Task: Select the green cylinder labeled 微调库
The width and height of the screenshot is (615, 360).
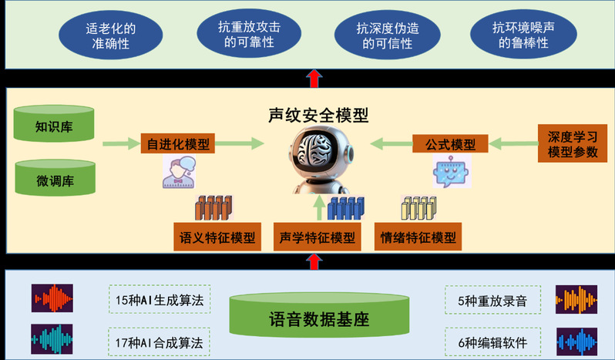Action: [x=55, y=180]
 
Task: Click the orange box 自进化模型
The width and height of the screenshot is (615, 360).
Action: [x=177, y=143]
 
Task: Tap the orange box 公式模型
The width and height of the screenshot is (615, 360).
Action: [x=451, y=143]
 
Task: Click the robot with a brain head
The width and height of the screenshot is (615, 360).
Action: [x=318, y=163]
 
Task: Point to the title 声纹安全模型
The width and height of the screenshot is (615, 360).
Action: [x=318, y=116]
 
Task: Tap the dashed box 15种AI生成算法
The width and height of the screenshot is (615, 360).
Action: [x=160, y=301]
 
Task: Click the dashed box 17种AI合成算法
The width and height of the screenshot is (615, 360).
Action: [x=160, y=340]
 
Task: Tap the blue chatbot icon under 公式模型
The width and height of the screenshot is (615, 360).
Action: [x=451, y=172]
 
